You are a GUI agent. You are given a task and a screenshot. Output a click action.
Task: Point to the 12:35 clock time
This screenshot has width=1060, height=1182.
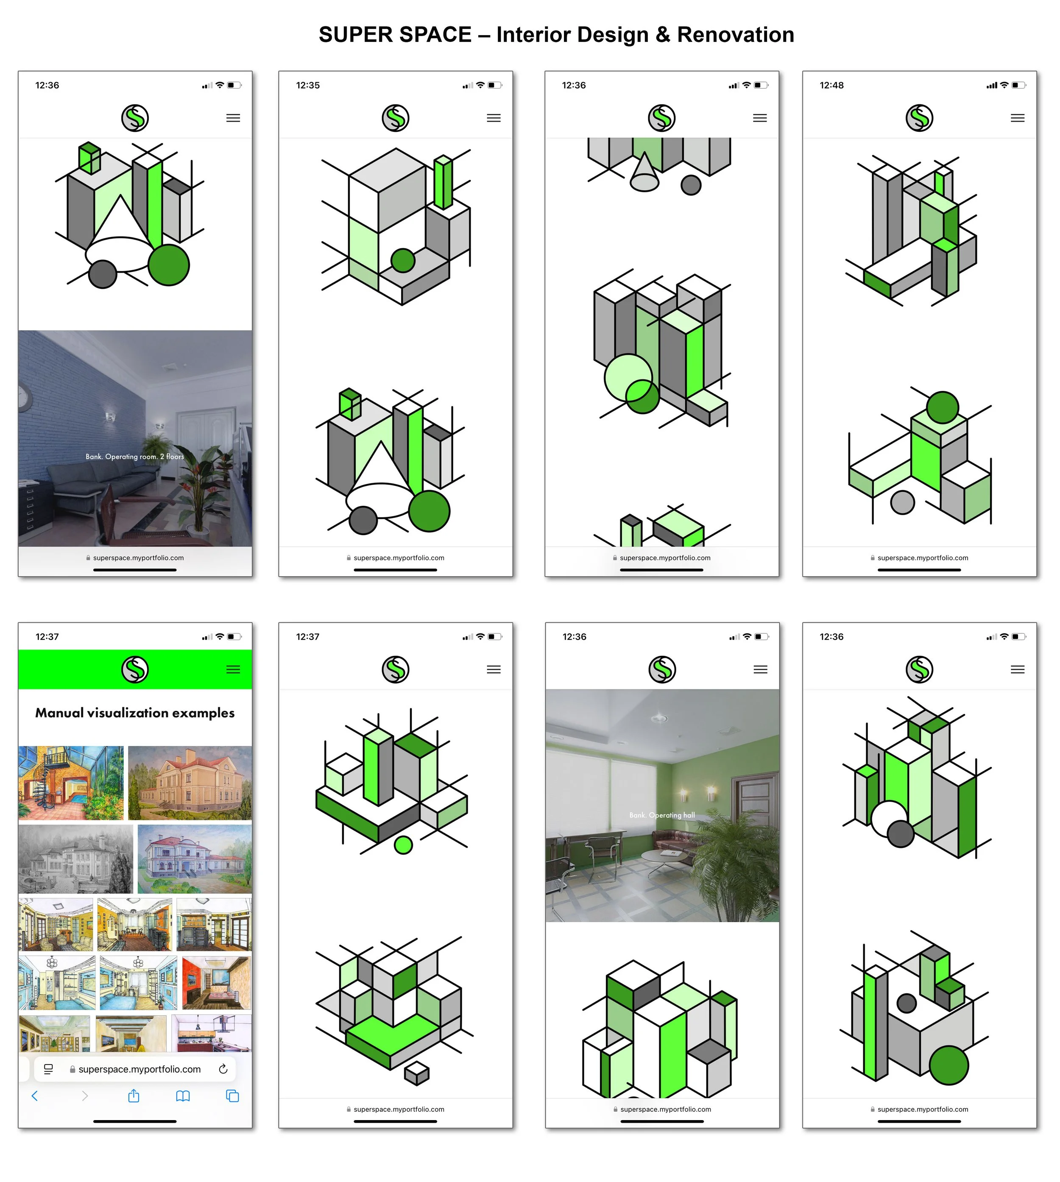(307, 85)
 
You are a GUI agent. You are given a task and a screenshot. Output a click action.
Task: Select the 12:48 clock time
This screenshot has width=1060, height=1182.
(831, 85)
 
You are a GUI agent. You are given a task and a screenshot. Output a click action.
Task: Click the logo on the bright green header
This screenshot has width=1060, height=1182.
(135, 669)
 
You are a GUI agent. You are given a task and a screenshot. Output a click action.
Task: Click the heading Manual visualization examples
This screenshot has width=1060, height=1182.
(135, 713)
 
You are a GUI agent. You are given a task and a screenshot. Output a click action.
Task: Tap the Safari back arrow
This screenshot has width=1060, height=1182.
(35, 1096)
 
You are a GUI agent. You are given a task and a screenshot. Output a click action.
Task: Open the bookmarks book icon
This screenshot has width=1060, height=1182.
(183, 1096)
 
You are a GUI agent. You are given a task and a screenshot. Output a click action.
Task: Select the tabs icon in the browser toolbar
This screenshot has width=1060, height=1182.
(232, 1096)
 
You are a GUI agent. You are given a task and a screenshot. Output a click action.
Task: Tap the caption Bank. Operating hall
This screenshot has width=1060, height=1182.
(662, 815)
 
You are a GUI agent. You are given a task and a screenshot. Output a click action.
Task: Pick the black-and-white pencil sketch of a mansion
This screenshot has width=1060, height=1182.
(76, 859)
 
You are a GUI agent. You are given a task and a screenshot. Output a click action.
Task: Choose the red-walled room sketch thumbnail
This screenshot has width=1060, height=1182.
(217, 983)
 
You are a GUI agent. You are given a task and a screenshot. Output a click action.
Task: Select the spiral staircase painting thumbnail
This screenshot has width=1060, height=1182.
(71, 783)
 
